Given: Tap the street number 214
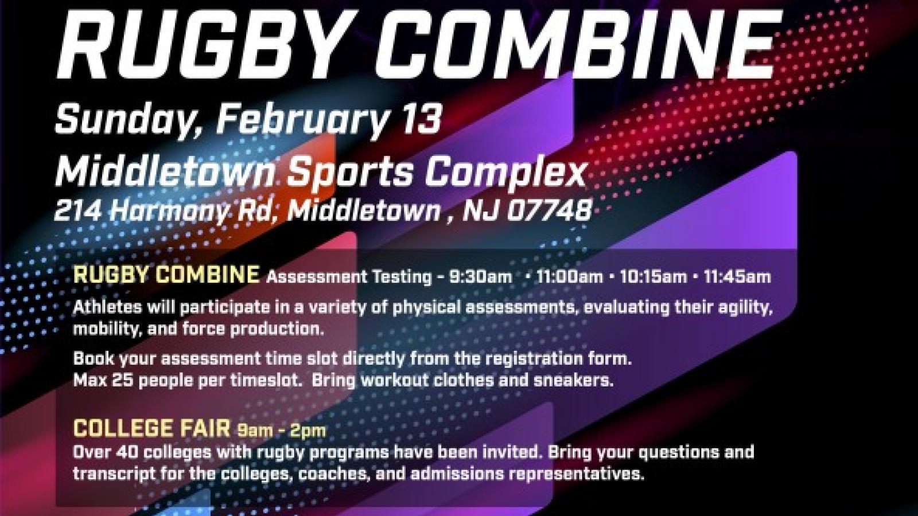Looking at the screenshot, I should point(77,211).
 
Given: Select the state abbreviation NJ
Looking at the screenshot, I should point(481,211).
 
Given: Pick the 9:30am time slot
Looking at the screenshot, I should point(480,277).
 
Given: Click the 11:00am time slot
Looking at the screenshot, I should point(569,277).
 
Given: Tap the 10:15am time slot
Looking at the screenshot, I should point(653,277).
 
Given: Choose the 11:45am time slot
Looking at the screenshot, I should point(737,277).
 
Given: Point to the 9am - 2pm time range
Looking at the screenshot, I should point(282,430).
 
